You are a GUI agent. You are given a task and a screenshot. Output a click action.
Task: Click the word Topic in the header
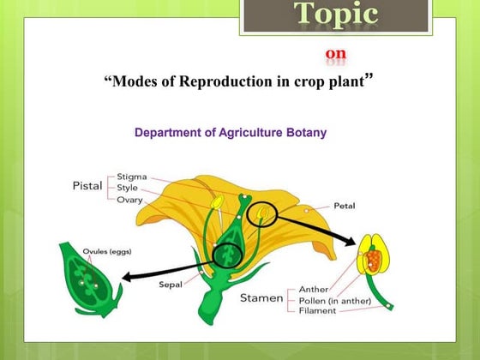coord(336,15)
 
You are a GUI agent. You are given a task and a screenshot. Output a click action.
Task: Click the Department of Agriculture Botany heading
coord(230,133)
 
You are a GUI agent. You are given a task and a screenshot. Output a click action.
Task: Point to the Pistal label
coord(86,185)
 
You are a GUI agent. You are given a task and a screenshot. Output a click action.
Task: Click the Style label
coord(128,187)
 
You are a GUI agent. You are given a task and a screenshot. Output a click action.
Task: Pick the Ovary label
coord(129,199)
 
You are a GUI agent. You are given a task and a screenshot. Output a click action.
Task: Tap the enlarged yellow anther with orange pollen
coord(372,256)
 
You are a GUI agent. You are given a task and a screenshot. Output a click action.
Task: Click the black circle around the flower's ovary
coord(228,254)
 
